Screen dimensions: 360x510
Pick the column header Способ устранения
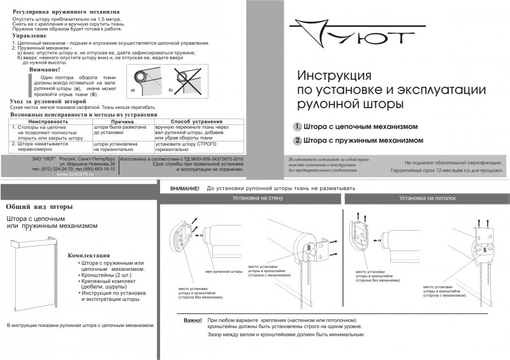pos(190,120)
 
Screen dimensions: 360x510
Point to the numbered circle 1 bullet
pos(297,126)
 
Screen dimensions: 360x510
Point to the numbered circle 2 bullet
pos(297,140)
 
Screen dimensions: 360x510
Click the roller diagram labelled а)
pos(149,80)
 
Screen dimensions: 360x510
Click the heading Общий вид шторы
pos(38,207)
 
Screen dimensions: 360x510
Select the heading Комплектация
pos(89,255)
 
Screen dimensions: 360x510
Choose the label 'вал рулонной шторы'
pos(224,271)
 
